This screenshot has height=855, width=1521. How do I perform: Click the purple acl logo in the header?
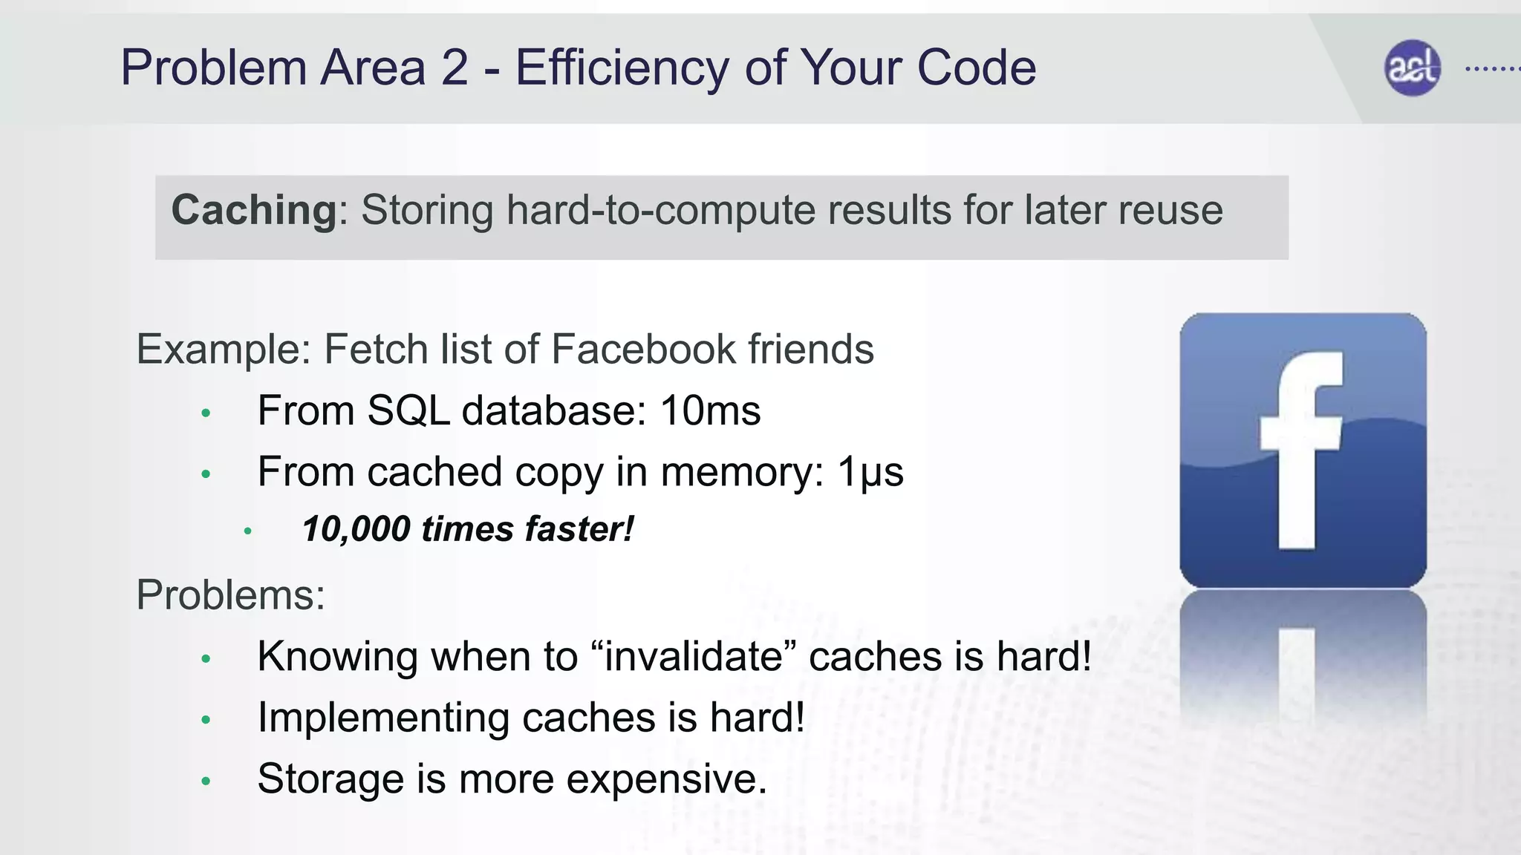point(1412,68)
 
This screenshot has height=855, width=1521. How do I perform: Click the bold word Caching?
point(254,210)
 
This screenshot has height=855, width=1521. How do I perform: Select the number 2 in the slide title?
point(455,68)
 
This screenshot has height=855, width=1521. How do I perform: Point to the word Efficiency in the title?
point(622,68)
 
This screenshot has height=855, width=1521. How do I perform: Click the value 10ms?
point(710,410)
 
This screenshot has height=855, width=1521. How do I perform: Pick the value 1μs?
point(870,472)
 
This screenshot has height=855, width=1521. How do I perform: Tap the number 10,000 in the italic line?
point(356,529)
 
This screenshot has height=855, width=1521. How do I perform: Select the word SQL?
point(408,410)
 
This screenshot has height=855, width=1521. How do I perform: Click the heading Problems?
point(231,594)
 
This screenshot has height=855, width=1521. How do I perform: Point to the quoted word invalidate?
point(694,656)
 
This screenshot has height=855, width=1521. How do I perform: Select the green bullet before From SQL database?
point(206,413)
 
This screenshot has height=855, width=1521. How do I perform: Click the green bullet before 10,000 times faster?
point(248,531)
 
